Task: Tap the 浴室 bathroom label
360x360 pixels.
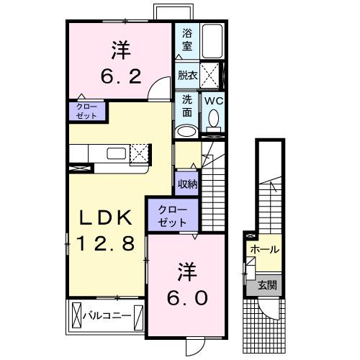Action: coord(186,37)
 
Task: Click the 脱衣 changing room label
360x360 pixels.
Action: coord(187,73)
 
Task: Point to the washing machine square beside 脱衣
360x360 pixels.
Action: coord(211,74)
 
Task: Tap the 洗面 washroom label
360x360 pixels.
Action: coord(186,106)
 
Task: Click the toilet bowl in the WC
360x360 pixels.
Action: coord(212,127)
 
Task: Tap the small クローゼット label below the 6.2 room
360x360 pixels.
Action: coord(86,111)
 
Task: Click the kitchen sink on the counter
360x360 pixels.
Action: coord(117,153)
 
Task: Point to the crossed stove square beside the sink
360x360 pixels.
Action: coord(140,153)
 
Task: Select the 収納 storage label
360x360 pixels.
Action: coord(186,184)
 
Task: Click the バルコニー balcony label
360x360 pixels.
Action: coord(106,315)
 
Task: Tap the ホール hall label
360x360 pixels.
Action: coord(265,249)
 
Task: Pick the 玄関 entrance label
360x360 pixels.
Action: coord(267,286)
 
